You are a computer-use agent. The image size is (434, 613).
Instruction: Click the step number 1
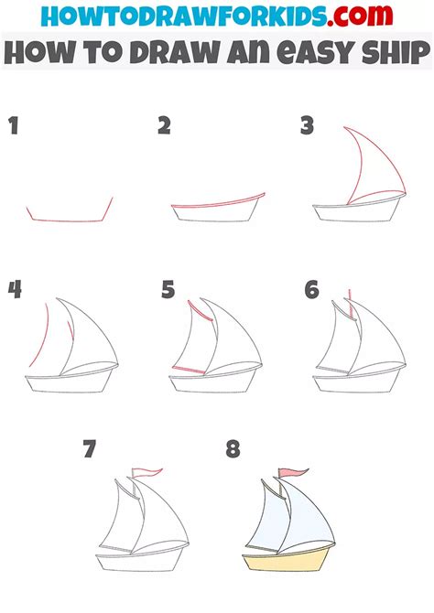point(14,126)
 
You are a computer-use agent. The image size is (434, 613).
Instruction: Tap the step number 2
point(165,126)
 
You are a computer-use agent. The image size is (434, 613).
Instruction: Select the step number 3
point(308,125)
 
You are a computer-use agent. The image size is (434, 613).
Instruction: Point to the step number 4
point(15,290)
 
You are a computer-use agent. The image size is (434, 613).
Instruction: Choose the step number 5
point(168,290)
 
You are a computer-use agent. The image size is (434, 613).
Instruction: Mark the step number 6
point(311,290)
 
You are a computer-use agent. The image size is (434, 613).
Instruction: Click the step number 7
point(89,448)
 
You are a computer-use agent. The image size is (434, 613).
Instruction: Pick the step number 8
point(233,449)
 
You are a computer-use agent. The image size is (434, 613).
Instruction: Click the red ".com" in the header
point(360,16)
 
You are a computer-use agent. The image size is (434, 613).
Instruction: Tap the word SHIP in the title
point(396,52)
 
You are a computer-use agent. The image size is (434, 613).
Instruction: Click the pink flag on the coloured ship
point(293,472)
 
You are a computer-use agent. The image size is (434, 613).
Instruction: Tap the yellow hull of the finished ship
point(286,562)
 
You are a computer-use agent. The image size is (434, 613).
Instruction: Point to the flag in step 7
point(146,472)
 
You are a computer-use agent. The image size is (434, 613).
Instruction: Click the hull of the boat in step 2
point(216,211)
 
